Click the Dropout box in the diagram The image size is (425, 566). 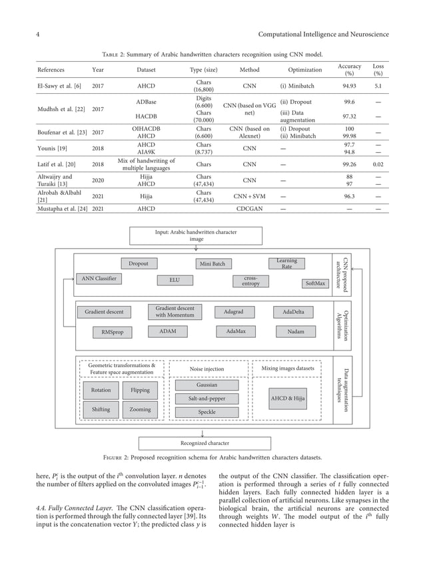point(139,264)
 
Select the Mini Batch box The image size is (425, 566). point(212,264)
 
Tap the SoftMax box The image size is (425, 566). point(315,283)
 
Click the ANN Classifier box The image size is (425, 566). point(99,279)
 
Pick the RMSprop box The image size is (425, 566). point(112,331)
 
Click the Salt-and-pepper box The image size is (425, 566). point(207,398)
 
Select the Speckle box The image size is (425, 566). point(207,412)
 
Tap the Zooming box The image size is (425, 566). point(140,410)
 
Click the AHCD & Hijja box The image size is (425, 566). point(288,398)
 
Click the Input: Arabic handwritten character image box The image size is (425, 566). point(195,235)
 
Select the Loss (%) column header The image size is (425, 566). point(378,70)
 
